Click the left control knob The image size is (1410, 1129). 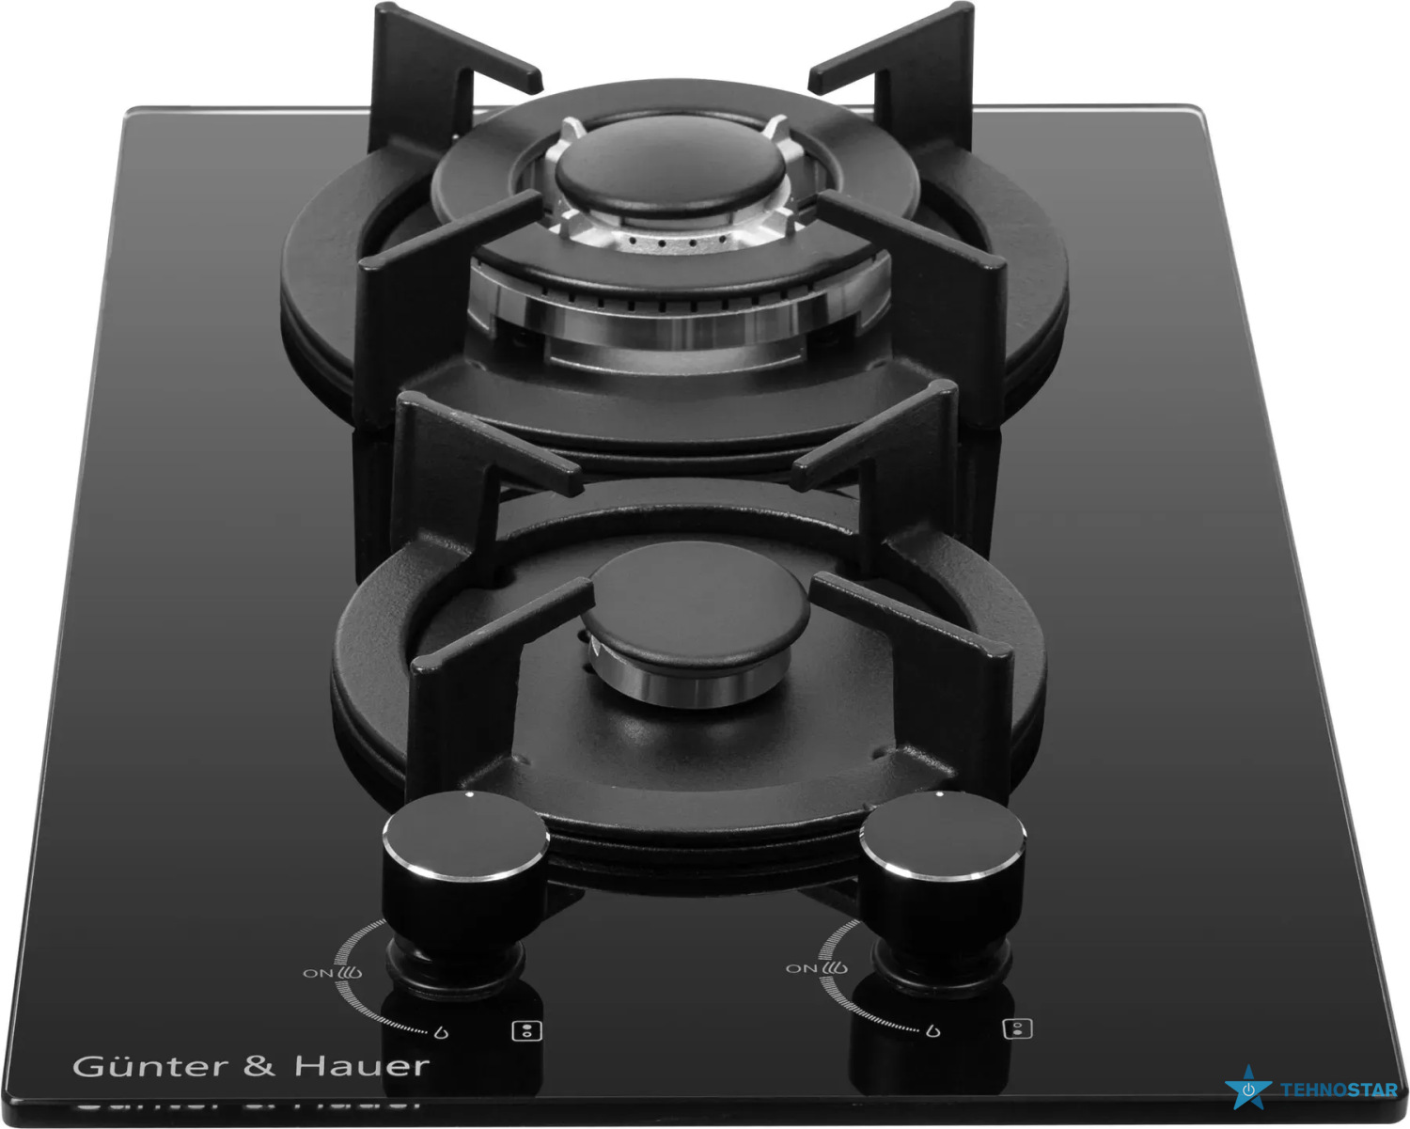pos(464,871)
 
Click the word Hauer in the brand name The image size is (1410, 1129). pos(362,1067)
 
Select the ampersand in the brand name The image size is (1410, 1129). pos(259,1067)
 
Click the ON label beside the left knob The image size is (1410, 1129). pos(318,973)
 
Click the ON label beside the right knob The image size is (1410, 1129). pos(801,968)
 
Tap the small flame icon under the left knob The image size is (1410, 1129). pos(442,1033)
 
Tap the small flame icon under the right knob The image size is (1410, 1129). pos(933,1030)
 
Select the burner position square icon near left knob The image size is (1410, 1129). pos(526,1030)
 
